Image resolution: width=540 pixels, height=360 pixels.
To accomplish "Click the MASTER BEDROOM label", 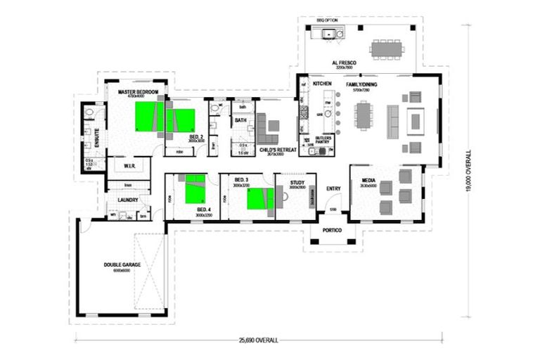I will pyautogui.click(x=132, y=91).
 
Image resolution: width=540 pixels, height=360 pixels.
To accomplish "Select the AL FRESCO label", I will pyautogui.click(x=345, y=63).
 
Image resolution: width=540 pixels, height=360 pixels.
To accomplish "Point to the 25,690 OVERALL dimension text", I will pyautogui.click(x=257, y=341).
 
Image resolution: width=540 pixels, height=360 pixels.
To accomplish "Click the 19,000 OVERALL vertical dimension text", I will pyautogui.click(x=469, y=173).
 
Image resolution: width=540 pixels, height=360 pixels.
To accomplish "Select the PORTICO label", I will pyautogui.click(x=332, y=230).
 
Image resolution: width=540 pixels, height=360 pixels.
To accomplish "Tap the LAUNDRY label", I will pyautogui.click(x=127, y=200).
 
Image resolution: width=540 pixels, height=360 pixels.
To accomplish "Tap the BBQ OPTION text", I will pyautogui.click(x=327, y=21).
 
